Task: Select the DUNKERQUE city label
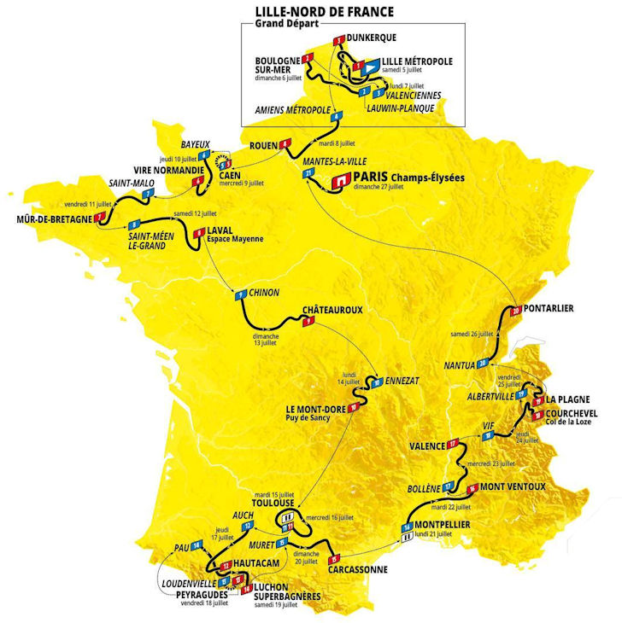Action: (x=378, y=38)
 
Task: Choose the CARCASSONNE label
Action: (x=356, y=570)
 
